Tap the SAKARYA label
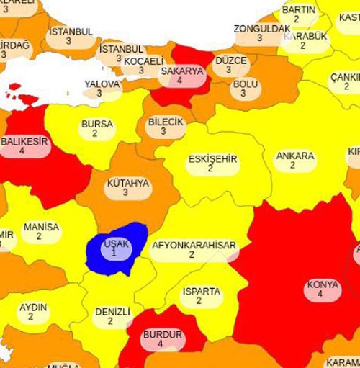coord(182,71)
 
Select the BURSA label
coord(96,125)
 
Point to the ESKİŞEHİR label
coord(212,159)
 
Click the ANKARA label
coord(294,156)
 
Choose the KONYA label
coord(322,285)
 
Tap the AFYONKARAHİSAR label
coord(193,246)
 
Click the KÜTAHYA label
coord(127,184)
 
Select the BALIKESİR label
coord(24,142)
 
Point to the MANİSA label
coord(41,228)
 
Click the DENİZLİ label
coord(112,313)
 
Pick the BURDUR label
coord(162,336)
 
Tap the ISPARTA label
coord(201,292)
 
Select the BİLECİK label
coord(166,122)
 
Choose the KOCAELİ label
coord(144,62)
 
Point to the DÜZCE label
coord(230,61)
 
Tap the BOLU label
coord(245,84)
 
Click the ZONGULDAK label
coord(261,29)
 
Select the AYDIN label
coord(33,308)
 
